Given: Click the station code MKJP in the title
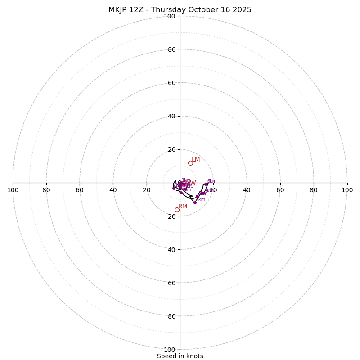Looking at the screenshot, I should [119, 10].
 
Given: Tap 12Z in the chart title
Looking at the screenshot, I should [141, 10].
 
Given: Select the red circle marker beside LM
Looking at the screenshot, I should [190, 163].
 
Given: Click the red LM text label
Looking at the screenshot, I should [196, 160].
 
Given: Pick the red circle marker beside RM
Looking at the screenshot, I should [177, 210].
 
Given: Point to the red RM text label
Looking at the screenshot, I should [183, 207].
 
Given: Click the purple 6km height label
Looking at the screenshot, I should [211, 181].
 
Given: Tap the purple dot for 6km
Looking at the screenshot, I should [206, 184].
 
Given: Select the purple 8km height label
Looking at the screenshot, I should [201, 199].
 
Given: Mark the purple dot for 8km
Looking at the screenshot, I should [195, 202].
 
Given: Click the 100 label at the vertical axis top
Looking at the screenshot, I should [169, 16].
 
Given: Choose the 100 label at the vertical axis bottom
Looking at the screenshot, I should [169, 350].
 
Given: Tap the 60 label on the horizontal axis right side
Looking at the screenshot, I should [280, 190].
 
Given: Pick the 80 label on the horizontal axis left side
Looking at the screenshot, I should [46, 190].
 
